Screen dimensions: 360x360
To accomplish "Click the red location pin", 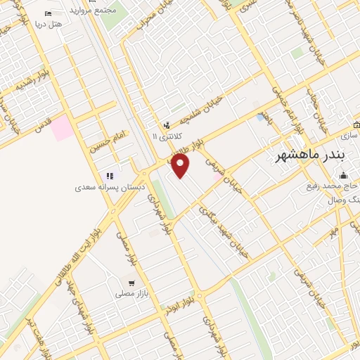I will (x=181, y=166).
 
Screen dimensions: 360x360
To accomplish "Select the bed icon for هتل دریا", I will (x=48, y=13).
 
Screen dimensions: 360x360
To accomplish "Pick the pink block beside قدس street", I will (x=61, y=128).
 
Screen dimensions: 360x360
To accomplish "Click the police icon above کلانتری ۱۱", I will (x=166, y=124).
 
